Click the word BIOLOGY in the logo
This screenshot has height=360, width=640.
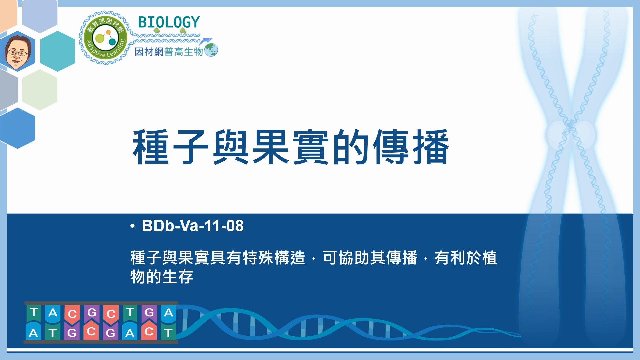point(169,23)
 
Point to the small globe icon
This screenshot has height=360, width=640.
point(211,50)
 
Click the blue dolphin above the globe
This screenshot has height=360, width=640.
point(206,41)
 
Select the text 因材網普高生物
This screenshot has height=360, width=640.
point(169,52)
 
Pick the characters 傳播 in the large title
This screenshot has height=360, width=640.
point(411,147)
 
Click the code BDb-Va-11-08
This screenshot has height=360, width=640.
point(193,226)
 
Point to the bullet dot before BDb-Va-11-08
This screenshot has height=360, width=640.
point(133,226)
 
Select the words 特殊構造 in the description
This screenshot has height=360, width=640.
point(273,258)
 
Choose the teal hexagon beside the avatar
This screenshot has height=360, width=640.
point(57,51)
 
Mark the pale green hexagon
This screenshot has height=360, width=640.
point(40,90)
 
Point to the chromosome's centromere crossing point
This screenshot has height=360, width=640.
point(571,126)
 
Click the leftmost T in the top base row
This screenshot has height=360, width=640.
point(34,312)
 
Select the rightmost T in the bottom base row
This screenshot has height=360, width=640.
point(168,332)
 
